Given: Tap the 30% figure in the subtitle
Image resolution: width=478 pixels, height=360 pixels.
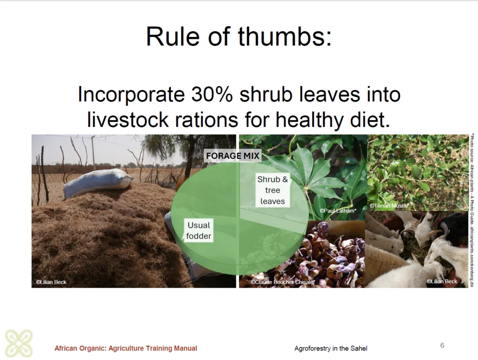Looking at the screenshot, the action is (212, 94).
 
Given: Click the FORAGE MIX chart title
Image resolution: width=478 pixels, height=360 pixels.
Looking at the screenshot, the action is (233, 156).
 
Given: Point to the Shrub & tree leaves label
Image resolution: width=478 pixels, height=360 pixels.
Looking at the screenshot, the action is (272, 190).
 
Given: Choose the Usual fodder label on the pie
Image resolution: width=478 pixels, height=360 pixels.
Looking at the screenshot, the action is (199, 231).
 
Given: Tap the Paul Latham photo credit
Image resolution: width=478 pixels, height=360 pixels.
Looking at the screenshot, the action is (338, 211).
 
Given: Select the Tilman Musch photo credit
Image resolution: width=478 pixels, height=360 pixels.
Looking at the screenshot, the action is (389, 206).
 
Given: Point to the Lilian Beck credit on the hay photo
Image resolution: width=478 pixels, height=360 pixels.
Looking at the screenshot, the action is (51, 282).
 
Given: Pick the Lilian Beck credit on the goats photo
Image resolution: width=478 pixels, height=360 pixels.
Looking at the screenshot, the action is (442, 281).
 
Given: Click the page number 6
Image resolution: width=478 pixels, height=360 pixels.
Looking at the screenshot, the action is (442, 346).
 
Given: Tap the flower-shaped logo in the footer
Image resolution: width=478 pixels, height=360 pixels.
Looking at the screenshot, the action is (19, 343).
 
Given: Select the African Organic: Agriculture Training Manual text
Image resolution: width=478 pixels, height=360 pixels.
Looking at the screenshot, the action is (125, 348).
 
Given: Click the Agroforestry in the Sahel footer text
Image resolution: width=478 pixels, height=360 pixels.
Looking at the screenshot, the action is (331, 348).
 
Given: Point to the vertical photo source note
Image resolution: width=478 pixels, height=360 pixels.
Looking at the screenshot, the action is (472, 210).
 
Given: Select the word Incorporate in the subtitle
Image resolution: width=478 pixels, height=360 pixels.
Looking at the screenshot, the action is (131, 94).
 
